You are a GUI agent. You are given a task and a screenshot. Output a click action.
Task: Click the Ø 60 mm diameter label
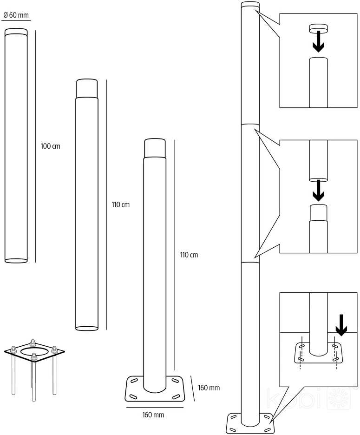point(16,15)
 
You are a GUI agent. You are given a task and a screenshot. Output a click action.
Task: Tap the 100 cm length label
point(51,146)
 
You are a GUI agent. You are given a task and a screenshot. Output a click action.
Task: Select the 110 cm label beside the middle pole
point(121,205)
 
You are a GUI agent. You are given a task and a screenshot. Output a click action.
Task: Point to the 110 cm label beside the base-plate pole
point(189,255)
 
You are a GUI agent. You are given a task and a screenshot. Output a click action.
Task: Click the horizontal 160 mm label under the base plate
point(153,415)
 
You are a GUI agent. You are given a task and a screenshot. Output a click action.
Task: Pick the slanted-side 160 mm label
point(209,388)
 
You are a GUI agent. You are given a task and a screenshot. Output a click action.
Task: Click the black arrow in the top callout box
point(318,41)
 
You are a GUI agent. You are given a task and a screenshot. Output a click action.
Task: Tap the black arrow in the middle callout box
point(318,191)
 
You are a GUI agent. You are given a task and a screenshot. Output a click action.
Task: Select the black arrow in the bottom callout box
point(341,325)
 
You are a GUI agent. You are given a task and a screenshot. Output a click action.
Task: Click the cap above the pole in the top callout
point(318,27)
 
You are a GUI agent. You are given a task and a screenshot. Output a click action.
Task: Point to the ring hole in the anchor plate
point(34,351)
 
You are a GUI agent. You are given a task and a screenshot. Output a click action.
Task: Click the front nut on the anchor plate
point(34,357)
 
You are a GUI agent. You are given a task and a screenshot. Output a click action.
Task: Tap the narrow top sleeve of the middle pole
point(87,88)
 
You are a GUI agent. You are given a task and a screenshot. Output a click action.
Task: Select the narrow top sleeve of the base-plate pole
point(155,148)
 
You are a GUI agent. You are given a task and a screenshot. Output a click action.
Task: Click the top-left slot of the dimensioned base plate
point(134,381)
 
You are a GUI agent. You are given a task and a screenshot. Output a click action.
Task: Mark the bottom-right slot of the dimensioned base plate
point(176,397)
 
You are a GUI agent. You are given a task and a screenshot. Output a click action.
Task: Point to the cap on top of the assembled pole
point(250,5)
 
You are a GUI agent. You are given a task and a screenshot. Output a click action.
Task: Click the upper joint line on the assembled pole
point(250,125)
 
